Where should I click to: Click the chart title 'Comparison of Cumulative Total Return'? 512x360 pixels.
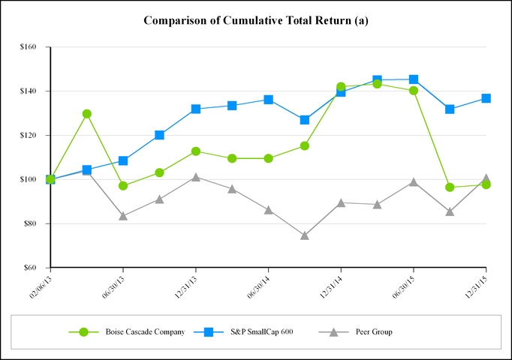(x=255, y=20)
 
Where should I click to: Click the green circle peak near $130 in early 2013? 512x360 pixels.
(x=87, y=114)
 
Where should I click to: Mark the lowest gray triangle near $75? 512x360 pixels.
(x=305, y=235)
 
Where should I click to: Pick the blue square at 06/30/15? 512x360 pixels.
(x=414, y=79)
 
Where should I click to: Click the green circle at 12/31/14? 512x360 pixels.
(x=341, y=87)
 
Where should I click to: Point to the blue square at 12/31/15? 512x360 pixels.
(x=486, y=98)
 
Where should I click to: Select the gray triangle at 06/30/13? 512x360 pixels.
(x=123, y=216)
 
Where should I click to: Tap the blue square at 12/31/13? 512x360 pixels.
(x=196, y=109)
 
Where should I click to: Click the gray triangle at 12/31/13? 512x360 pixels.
(x=196, y=178)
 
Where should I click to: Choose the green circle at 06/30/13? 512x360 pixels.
(x=123, y=186)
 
